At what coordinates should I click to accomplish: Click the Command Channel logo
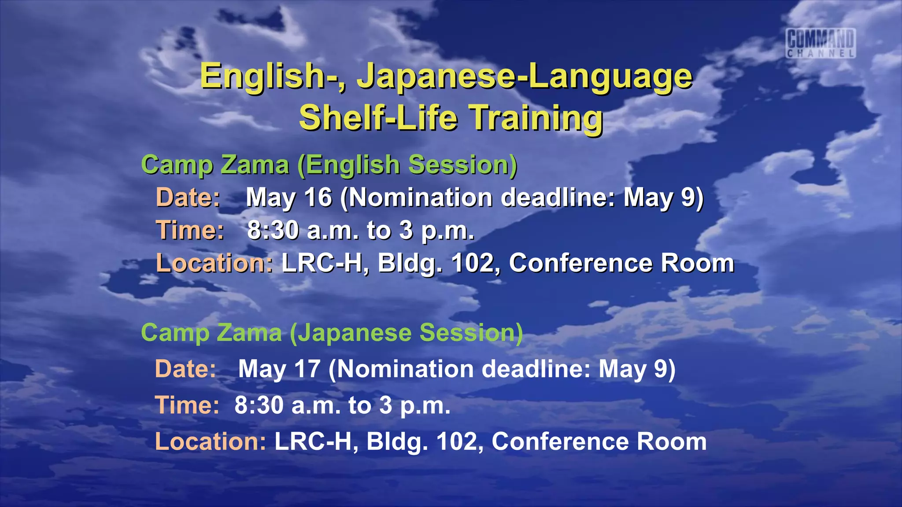point(821,43)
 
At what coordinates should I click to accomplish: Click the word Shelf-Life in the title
point(378,118)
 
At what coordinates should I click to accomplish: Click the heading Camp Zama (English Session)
point(329,165)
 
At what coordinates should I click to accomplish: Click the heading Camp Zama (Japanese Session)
point(332,332)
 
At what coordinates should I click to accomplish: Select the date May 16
point(289,197)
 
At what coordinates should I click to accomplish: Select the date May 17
point(279,368)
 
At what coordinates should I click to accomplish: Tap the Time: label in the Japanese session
point(187,405)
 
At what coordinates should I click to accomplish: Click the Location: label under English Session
point(214,263)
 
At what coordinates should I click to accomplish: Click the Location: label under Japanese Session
point(211,441)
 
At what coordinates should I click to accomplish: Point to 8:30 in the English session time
point(273,230)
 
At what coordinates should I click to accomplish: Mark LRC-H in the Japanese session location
point(314,441)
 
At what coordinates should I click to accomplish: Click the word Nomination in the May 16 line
point(421,197)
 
